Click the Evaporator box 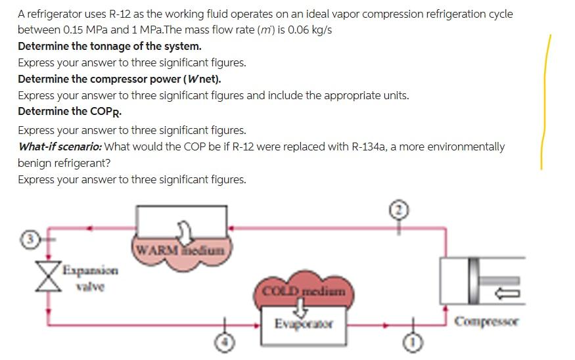tap(304, 324)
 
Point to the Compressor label tap(486, 322)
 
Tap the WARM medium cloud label tap(181, 250)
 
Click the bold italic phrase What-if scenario tap(60, 146)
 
